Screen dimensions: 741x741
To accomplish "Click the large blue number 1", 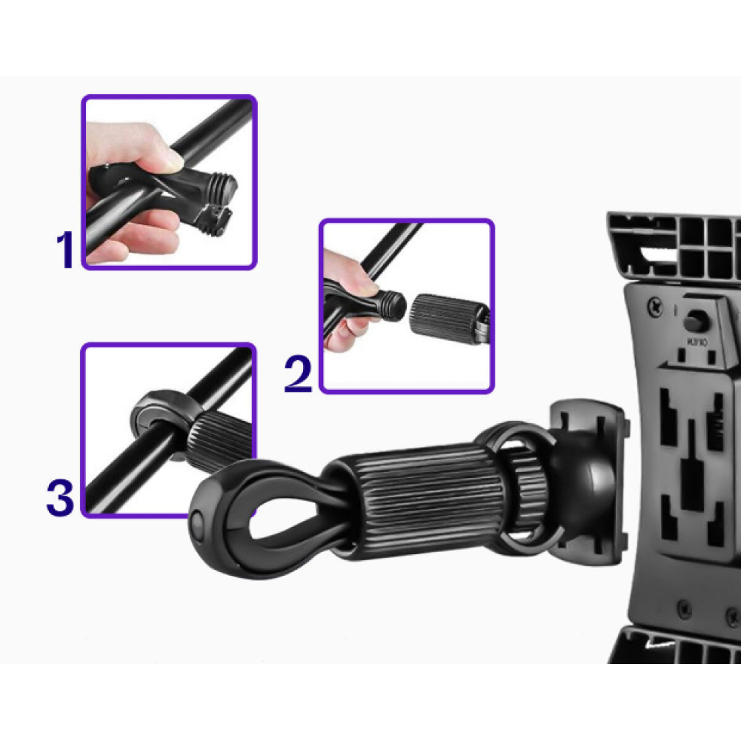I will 66,250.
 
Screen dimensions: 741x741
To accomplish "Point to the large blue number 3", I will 59,498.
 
